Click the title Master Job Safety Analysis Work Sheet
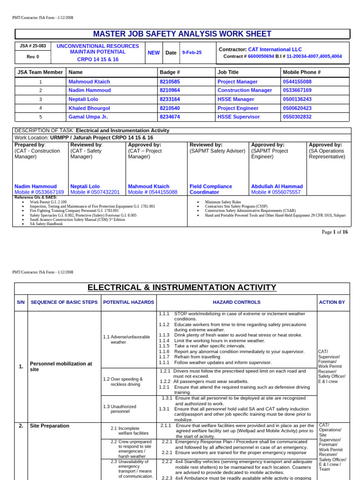tap(182, 34)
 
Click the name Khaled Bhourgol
tap(89, 108)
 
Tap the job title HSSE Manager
tap(235, 99)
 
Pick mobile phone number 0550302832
tap(297, 117)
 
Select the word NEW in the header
tap(154, 53)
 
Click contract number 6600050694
tap(261, 56)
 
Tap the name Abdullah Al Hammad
tap(277, 186)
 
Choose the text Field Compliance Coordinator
tap(210, 189)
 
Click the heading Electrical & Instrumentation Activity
tap(182, 287)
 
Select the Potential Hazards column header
tap(128, 302)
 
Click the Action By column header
tap(333, 302)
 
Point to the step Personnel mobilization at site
tap(61, 366)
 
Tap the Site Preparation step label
tap(49, 426)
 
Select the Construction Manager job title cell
tap(245, 90)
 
